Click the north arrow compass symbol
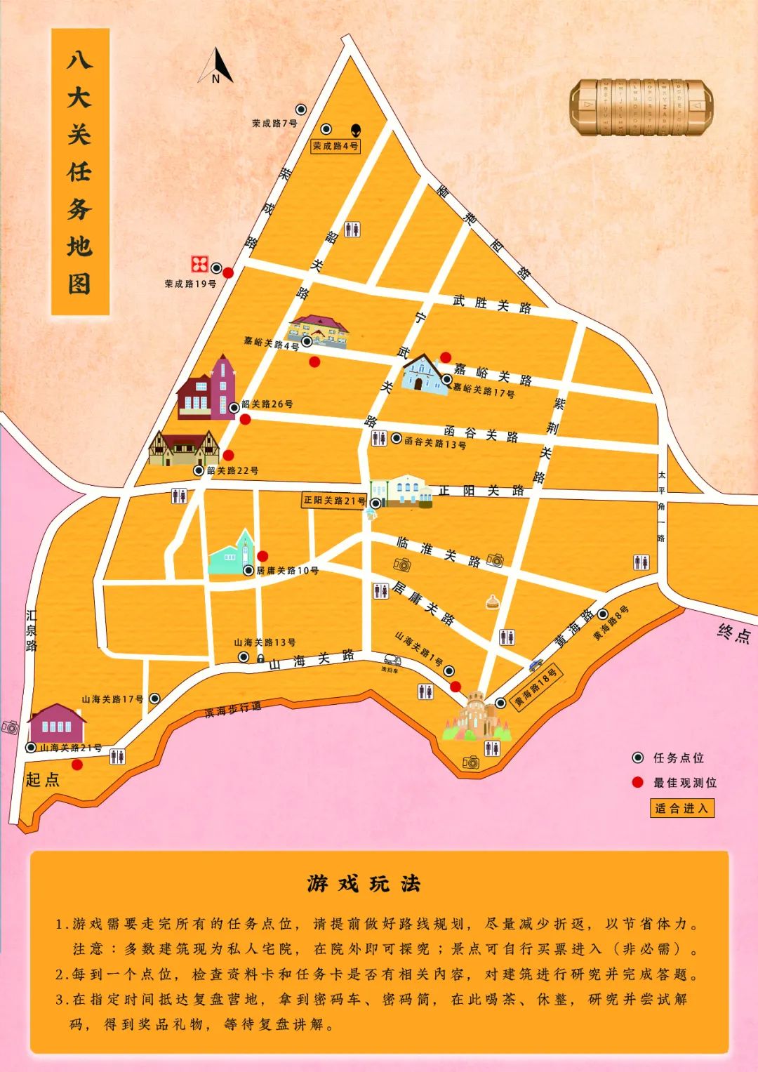(x=216, y=65)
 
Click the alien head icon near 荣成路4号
(x=357, y=130)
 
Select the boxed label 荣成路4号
(x=335, y=146)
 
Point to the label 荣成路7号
(x=274, y=123)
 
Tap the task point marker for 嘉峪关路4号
(x=307, y=341)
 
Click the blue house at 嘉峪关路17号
(x=423, y=373)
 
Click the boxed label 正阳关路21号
(x=335, y=501)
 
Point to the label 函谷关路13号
(x=434, y=444)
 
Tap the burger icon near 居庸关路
(x=493, y=602)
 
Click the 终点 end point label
(x=734, y=633)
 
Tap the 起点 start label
(x=42, y=779)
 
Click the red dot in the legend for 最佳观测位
(x=637, y=782)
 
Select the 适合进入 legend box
(x=681, y=808)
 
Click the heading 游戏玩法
(x=364, y=883)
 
